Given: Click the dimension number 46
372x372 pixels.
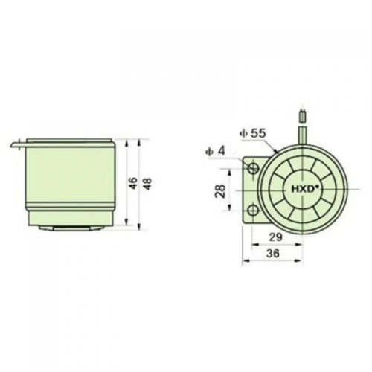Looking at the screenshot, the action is click(133, 183).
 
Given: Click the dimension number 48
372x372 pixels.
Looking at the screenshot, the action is click(148, 184).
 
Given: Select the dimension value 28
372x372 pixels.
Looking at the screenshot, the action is click(220, 191).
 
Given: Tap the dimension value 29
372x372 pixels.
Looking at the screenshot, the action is click(276, 237).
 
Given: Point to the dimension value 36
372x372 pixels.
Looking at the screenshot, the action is click(273, 253).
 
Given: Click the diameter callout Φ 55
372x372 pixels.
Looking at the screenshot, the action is click(252, 133).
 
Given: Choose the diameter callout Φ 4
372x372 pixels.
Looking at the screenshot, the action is click(215, 150).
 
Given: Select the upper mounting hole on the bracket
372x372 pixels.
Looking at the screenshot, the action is click(253, 168).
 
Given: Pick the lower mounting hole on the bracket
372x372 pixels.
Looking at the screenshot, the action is click(253, 211).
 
